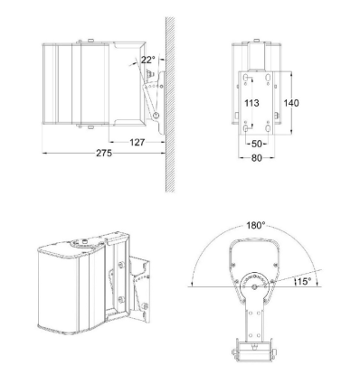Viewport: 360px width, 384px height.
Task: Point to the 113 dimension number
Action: (253, 104)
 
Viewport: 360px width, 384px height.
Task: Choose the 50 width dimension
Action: (257, 143)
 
